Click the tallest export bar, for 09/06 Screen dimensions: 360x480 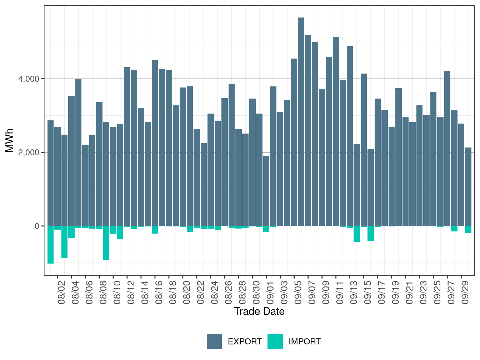(x=301, y=121)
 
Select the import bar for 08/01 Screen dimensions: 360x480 (x=50, y=245)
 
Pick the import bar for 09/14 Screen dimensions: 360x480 (x=357, y=234)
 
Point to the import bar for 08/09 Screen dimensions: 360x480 (x=106, y=243)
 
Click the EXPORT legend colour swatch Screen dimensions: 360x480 (x=214, y=341)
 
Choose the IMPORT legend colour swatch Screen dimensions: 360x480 (x=275, y=341)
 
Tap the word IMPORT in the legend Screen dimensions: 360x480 (x=304, y=342)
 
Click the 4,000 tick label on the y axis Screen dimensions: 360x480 (x=29, y=79)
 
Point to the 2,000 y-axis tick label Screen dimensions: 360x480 (x=29, y=152)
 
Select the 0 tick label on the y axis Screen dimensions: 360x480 (x=37, y=226)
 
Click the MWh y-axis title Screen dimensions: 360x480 (x=10, y=140)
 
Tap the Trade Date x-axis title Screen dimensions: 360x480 (x=259, y=311)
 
